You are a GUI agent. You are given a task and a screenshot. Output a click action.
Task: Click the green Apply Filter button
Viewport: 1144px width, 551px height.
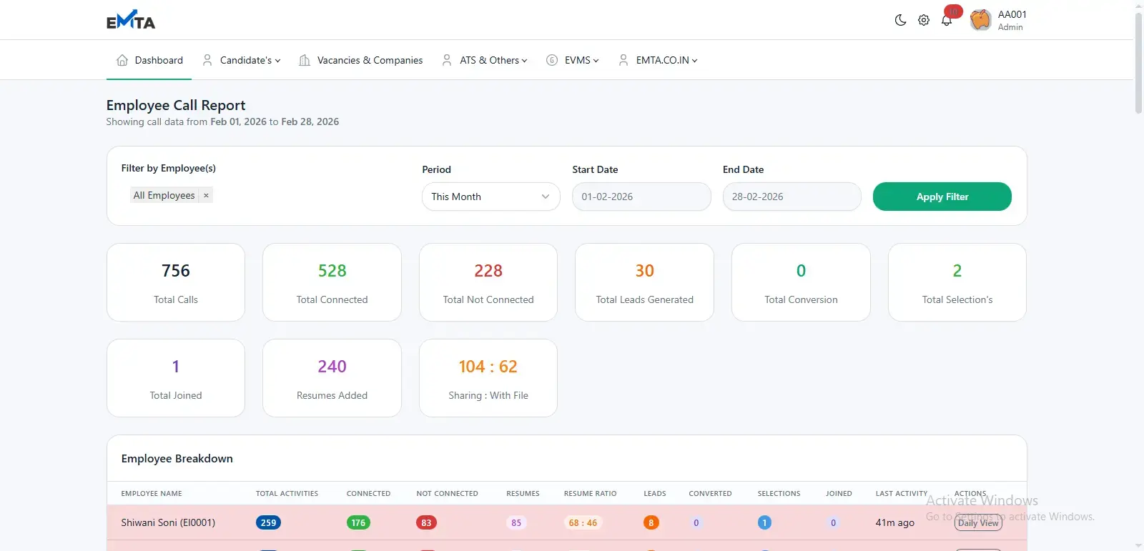tap(942, 197)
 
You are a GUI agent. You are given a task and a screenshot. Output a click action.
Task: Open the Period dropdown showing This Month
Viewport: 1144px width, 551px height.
tap(490, 197)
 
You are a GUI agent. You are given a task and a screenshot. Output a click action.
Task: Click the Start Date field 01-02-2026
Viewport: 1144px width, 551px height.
tap(641, 197)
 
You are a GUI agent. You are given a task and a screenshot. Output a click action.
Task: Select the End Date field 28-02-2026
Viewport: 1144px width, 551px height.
tap(792, 197)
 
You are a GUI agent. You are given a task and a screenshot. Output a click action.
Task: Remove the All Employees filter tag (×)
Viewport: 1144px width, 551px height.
tap(206, 195)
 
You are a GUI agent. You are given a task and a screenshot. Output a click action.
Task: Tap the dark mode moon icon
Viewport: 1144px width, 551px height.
tap(900, 20)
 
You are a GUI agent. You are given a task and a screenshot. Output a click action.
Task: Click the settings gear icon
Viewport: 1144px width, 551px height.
tap(924, 20)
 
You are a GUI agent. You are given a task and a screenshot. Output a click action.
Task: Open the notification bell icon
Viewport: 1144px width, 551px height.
tap(947, 20)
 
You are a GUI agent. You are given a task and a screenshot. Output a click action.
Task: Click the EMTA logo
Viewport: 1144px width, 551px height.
tap(131, 21)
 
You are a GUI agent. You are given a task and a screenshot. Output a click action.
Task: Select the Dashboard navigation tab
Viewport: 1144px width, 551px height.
tap(149, 60)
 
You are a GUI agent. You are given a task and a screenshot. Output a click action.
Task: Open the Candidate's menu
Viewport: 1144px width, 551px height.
tap(242, 60)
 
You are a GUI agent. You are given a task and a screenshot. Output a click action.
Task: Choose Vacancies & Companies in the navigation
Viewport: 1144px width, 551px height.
tap(361, 60)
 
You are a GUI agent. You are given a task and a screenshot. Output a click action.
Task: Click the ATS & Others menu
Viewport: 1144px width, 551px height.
tap(485, 60)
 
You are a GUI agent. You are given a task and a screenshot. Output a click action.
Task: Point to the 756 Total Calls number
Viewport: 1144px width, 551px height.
tap(176, 271)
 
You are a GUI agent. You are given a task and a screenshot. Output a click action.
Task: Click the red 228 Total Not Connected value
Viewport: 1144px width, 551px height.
tap(488, 271)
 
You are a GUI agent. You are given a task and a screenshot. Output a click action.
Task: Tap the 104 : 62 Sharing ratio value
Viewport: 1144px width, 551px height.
tap(488, 367)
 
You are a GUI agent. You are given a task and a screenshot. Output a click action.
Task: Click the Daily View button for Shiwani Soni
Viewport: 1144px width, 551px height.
tap(978, 522)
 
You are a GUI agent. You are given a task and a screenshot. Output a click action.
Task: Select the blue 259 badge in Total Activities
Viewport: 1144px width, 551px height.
tap(268, 522)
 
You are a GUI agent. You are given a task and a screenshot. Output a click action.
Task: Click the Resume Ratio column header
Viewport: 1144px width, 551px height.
tap(590, 493)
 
